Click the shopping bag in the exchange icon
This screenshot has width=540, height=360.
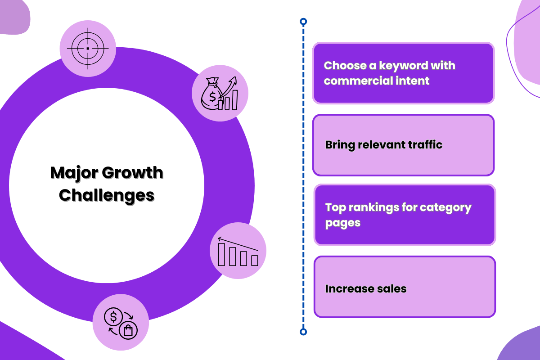pyautogui.click(x=129, y=331)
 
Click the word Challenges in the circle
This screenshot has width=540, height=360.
pyautogui.click(x=107, y=195)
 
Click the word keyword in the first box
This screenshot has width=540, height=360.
pyautogui.click(x=404, y=66)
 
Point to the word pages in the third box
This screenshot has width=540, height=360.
pyautogui.click(x=342, y=223)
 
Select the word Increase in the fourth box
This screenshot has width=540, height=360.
pyautogui.click(x=346, y=288)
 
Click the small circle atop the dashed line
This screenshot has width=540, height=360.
pyautogui.click(x=303, y=21)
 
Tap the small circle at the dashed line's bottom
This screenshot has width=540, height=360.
pyautogui.click(x=303, y=332)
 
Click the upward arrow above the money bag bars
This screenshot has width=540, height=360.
pyautogui.click(x=231, y=84)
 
